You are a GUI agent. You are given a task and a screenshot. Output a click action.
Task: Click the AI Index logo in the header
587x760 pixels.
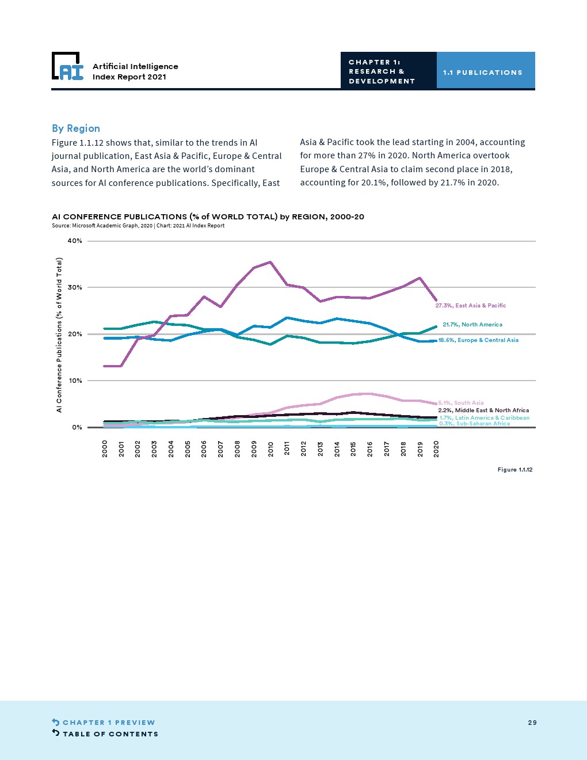pyautogui.click(x=67, y=66)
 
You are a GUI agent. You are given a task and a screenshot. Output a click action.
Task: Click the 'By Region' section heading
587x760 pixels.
pyautogui.click(x=76, y=128)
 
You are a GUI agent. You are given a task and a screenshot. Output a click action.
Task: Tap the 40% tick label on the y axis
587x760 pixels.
pyautogui.click(x=75, y=241)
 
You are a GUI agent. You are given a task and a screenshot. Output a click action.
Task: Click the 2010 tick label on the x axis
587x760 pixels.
pyautogui.click(x=270, y=449)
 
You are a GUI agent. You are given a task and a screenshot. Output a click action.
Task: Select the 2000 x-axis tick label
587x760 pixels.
pyautogui.click(x=105, y=449)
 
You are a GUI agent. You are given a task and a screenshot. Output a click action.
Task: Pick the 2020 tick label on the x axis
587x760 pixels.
pyautogui.click(x=436, y=449)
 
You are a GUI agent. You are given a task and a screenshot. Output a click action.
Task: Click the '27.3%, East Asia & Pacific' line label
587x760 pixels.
pyautogui.click(x=471, y=306)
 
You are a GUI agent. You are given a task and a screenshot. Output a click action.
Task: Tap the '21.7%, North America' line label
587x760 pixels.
pyautogui.click(x=472, y=325)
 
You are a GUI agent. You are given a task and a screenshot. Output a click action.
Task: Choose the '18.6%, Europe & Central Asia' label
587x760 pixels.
pyautogui.click(x=478, y=340)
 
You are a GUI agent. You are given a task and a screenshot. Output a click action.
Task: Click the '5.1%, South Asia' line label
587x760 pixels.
pyautogui.click(x=461, y=403)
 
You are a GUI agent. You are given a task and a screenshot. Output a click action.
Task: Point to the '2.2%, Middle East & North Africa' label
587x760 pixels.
pyautogui.click(x=483, y=411)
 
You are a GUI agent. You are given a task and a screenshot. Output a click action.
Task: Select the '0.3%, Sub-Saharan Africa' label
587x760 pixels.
pyautogui.click(x=474, y=424)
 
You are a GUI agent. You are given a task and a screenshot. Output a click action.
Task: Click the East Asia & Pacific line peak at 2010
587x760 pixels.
pyautogui.click(x=270, y=262)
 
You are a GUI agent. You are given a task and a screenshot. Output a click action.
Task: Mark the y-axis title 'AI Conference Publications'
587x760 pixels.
pyautogui.click(x=59, y=335)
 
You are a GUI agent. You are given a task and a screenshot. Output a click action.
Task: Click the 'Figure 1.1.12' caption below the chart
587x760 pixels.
pyautogui.click(x=514, y=470)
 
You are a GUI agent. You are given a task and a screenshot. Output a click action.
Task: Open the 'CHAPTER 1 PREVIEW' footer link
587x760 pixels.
pyautogui.click(x=109, y=723)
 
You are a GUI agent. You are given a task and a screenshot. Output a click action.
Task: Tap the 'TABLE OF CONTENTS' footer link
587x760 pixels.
pyautogui.click(x=110, y=734)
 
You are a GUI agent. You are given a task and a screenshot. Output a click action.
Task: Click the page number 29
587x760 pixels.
pyautogui.click(x=532, y=723)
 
